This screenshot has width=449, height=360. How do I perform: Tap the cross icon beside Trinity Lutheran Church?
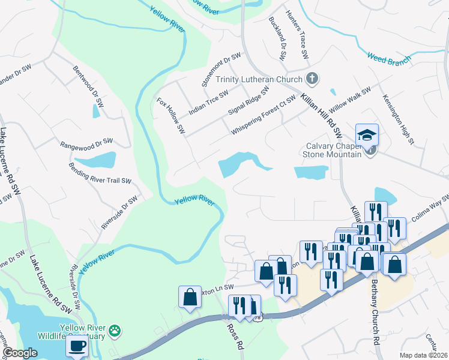coord(312,79)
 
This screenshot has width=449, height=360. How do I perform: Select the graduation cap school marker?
coord(367,136)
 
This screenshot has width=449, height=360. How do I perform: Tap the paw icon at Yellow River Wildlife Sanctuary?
coord(115,330)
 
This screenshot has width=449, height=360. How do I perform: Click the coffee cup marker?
coord(77,346)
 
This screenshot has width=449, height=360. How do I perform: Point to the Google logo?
coord(20,353)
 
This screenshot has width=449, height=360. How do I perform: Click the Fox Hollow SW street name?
coord(170,115)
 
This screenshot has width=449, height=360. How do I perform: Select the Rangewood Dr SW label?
coord(86,143)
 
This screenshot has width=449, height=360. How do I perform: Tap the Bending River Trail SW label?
coord(100,172)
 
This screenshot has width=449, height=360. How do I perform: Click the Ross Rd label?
coord(235,337)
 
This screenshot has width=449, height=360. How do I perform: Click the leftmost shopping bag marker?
coord(190,297)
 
